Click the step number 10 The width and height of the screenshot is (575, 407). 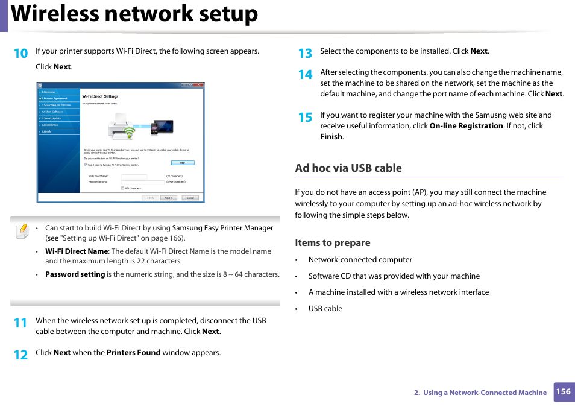click(20, 53)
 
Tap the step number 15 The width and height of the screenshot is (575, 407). click(305, 117)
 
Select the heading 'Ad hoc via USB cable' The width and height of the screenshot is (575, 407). click(348, 168)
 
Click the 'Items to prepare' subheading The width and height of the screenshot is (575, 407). click(332, 243)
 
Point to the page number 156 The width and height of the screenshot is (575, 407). click(563, 391)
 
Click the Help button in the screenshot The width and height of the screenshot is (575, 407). click(182, 163)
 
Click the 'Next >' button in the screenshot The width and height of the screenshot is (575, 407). click(168, 198)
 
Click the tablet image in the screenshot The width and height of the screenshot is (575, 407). click(163, 127)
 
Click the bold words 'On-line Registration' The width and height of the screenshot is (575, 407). click(466, 126)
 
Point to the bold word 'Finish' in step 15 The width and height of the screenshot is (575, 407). click(331, 137)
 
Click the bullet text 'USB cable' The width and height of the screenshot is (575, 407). click(325, 309)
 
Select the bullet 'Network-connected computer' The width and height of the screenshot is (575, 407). click(360, 260)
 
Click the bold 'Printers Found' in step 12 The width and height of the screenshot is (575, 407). click(133, 353)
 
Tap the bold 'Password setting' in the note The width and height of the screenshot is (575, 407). click(75, 274)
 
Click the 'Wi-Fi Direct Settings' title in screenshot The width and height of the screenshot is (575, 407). click(100, 96)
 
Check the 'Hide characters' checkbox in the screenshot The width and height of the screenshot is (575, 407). click(123, 188)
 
